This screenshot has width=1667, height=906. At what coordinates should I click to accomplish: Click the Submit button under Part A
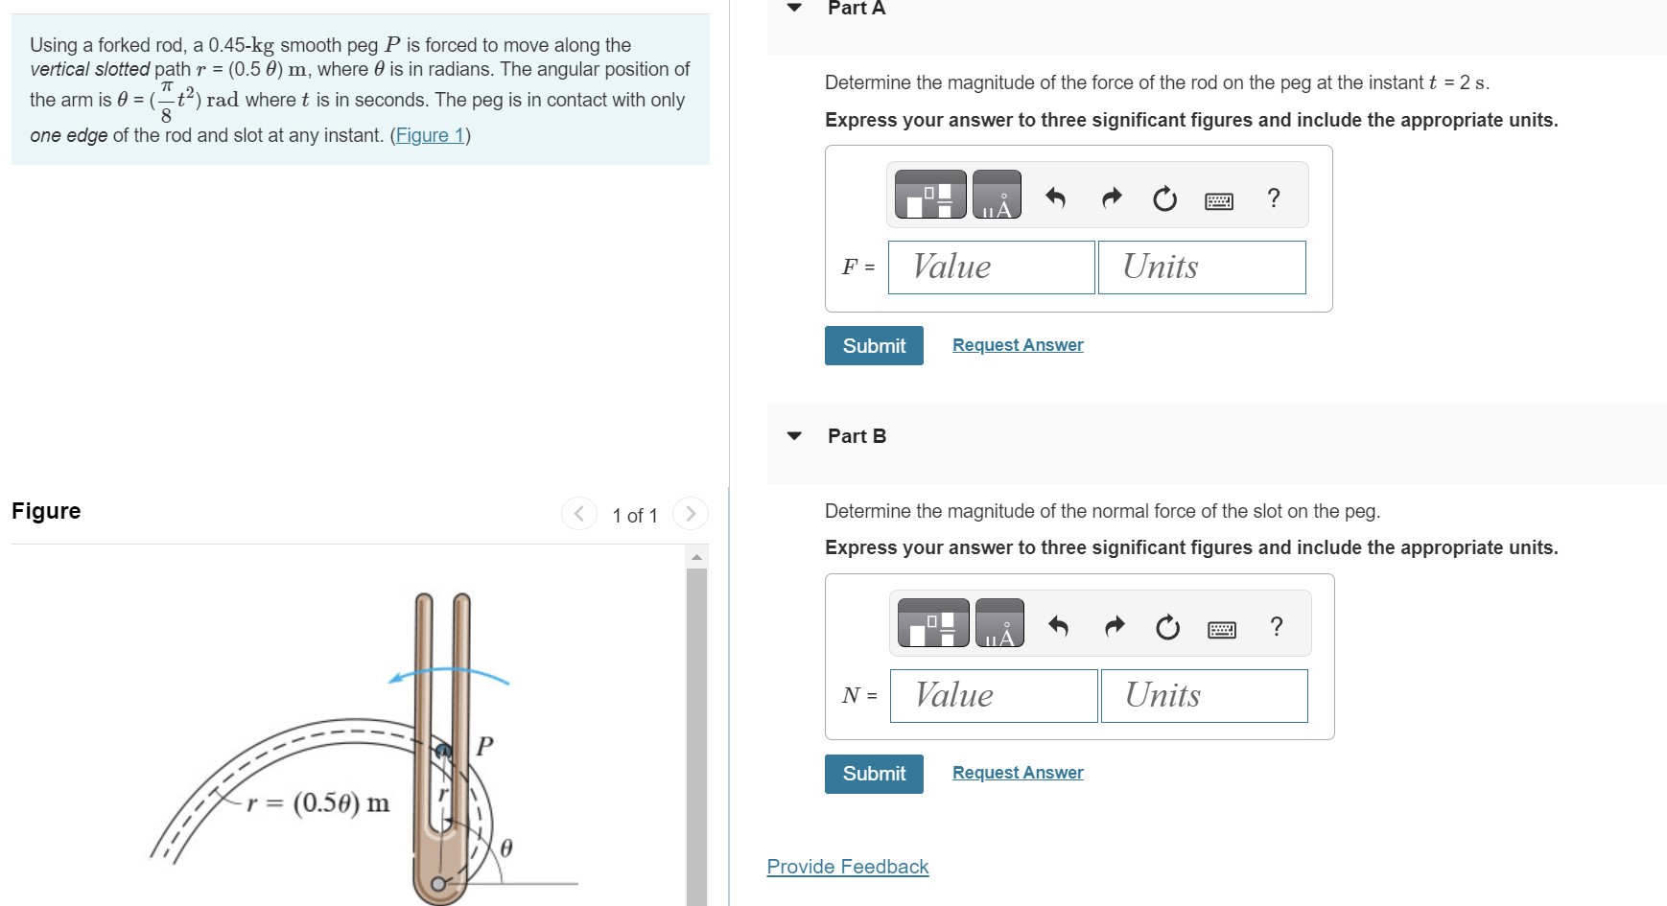tap(874, 346)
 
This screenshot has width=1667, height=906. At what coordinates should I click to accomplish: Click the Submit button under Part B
tap(874, 774)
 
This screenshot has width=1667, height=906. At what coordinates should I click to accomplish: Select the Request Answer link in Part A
tap(1018, 345)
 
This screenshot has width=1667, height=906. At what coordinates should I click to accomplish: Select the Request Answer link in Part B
tap(1018, 773)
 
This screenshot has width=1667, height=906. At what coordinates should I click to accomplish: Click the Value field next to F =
tap(991, 267)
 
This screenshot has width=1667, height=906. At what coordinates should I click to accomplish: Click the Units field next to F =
tap(1201, 267)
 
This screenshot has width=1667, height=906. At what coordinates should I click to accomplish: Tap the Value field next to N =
tap(993, 696)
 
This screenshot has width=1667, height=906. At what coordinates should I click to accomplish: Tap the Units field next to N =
tap(1203, 696)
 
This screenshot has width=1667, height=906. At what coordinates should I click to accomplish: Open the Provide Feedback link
tap(848, 867)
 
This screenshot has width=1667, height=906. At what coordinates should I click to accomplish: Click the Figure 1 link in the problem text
tap(429, 135)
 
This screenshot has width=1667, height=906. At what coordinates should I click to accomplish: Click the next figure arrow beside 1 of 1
tap(691, 514)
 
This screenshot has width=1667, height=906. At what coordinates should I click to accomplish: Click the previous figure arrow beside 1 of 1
tap(578, 514)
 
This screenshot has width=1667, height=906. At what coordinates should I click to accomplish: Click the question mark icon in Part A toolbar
tap(1273, 198)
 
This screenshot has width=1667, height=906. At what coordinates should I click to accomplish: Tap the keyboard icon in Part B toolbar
tap(1221, 629)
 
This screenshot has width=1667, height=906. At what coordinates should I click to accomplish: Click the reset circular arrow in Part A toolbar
tap(1164, 199)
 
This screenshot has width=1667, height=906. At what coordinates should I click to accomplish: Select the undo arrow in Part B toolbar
tap(1058, 627)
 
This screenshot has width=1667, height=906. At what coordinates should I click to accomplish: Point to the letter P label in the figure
tap(485, 746)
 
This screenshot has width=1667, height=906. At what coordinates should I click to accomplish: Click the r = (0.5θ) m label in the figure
tap(318, 802)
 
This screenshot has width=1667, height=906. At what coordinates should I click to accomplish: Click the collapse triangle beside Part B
tap(794, 436)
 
